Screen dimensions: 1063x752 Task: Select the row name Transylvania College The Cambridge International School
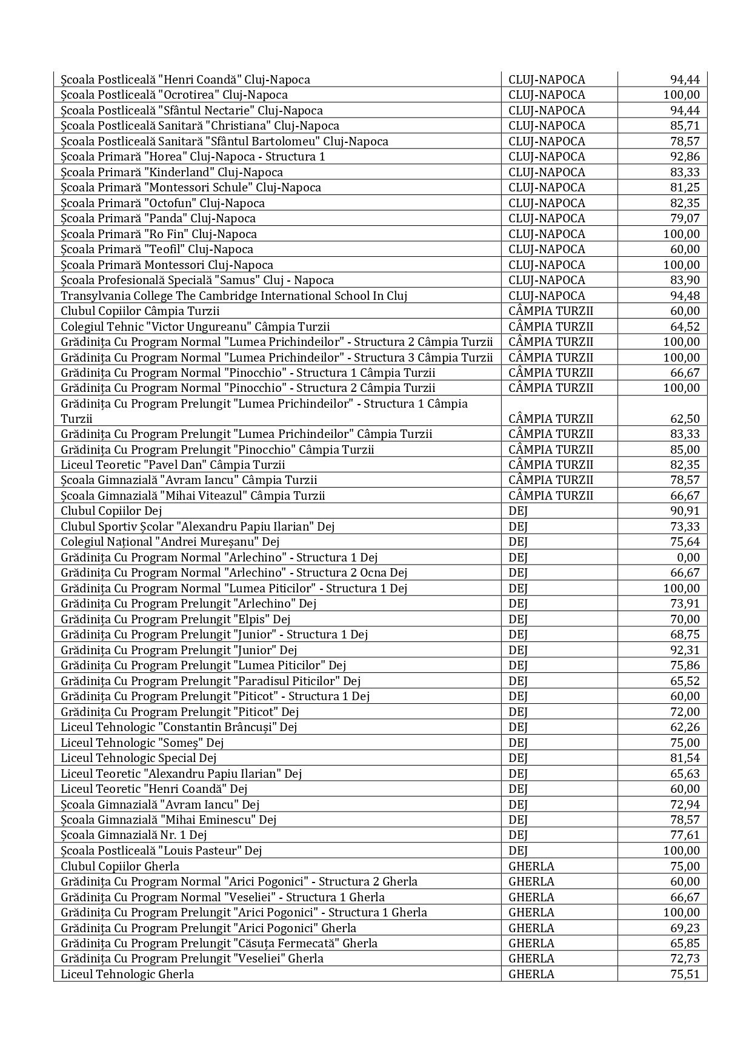coord(234,296)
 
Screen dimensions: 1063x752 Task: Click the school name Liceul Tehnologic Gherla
coord(127,974)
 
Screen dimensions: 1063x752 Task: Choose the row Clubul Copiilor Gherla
coord(120,866)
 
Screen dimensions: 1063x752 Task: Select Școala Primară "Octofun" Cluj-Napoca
coord(162,203)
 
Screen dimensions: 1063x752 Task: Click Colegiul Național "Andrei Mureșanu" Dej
coord(170,541)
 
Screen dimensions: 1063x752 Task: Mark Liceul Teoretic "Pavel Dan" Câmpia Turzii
coord(173,465)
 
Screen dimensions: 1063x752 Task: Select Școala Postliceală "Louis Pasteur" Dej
coord(161,850)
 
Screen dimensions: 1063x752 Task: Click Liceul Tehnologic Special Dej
coord(138,758)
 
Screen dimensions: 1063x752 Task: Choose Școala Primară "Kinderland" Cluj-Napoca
coord(171,172)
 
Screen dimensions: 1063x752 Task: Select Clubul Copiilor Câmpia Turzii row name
coord(140,311)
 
